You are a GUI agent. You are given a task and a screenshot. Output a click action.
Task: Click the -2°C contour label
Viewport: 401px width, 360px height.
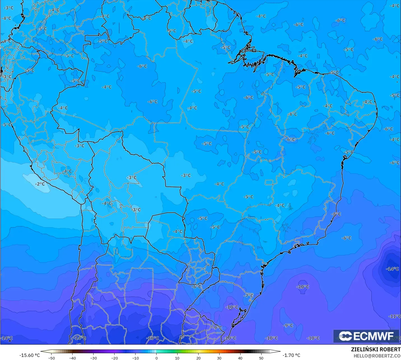tap(40, 184)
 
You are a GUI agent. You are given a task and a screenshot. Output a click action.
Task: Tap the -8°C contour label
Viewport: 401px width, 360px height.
tap(336, 214)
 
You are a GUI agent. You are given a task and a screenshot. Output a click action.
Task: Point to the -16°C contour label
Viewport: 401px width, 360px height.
tap(153, 338)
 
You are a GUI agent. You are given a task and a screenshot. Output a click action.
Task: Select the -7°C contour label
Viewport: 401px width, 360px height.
tap(248, 296)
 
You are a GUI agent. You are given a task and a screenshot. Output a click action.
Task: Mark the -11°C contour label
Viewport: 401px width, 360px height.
tap(395, 316)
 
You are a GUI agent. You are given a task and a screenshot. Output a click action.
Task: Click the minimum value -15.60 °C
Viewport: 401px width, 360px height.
tap(29, 355)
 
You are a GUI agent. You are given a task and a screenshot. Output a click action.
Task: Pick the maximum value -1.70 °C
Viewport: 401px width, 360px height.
tap(292, 355)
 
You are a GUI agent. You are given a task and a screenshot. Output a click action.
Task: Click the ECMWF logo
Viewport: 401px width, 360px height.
tap(366, 336)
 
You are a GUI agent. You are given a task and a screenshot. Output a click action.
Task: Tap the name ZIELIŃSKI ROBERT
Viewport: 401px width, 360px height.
tap(376, 350)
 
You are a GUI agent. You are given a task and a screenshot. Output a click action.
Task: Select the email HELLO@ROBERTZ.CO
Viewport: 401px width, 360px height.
tap(377, 356)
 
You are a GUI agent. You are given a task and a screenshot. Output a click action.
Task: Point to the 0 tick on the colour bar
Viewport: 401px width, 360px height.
tap(157, 358)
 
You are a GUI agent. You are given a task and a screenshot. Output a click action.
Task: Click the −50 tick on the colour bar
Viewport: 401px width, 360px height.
tap(52, 358)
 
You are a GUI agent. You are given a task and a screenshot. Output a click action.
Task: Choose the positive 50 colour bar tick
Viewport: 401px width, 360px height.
tap(261, 358)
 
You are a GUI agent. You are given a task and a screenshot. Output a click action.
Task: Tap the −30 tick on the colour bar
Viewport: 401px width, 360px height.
tap(94, 358)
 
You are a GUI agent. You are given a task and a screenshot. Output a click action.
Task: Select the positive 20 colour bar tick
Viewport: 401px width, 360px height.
tap(198, 358)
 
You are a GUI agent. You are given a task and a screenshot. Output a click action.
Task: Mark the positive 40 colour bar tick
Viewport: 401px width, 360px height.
tap(240, 358)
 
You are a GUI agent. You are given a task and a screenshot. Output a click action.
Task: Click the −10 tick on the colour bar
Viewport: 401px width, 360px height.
tap(136, 358)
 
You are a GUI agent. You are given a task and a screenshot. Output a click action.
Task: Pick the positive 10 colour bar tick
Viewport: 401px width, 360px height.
tap(177, 358)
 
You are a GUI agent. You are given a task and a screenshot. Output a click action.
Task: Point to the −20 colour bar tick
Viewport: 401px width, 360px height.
tap(115, 358)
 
